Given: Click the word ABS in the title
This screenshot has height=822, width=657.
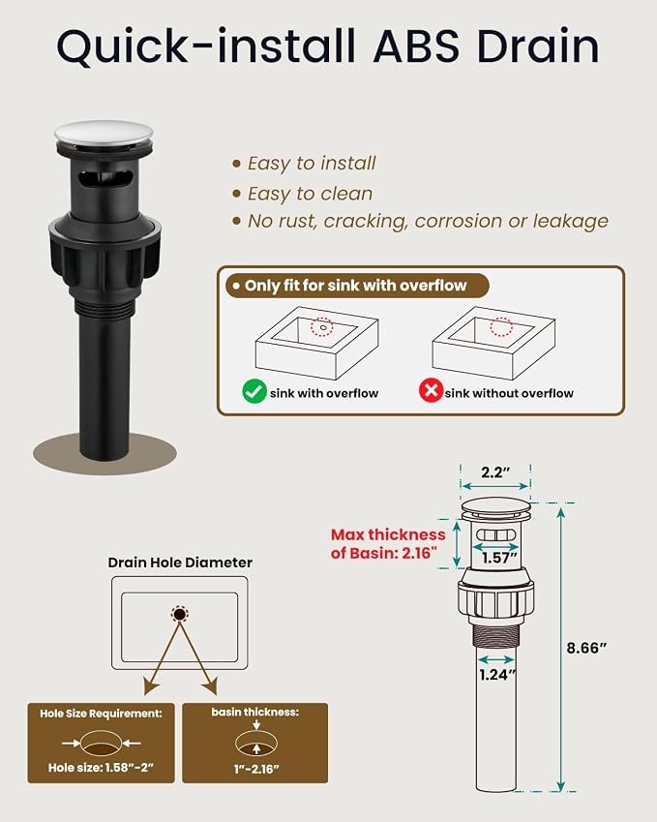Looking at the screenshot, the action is (x=416, y=46).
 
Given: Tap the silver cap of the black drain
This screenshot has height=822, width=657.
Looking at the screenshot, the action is (x=104, y=135).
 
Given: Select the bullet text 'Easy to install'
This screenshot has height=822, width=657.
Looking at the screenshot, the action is (x=312, y=164).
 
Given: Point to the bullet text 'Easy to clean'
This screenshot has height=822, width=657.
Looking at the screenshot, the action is (x=311, y=194).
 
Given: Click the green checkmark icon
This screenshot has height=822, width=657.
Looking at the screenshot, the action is (x=254, y=391).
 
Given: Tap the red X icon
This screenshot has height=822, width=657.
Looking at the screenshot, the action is (x=431, y=390).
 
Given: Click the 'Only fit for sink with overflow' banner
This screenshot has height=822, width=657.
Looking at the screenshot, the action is (x=356, y=286).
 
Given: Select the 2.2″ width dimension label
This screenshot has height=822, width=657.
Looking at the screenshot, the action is (x=495, y=472).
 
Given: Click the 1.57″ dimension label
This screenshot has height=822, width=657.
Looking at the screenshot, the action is (x=499, y=558).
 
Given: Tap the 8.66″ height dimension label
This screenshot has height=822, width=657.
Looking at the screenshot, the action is (x=586, y=649).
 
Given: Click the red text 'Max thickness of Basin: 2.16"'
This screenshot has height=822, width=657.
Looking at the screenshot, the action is (x=388, y=543).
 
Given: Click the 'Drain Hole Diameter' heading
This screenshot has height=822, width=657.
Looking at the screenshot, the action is (x=180, y=563).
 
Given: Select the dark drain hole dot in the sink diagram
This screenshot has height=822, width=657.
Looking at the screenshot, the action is (x=180, y=614).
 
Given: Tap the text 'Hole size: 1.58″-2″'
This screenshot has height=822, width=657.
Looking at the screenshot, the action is (x=101, y=768).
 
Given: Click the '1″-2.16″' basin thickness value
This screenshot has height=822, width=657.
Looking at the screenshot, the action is (x=256, y=769).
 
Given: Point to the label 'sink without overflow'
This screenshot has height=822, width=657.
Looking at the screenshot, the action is (x=509, y=393).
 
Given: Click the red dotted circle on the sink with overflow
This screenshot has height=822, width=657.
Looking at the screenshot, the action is (x=321, y=327).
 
